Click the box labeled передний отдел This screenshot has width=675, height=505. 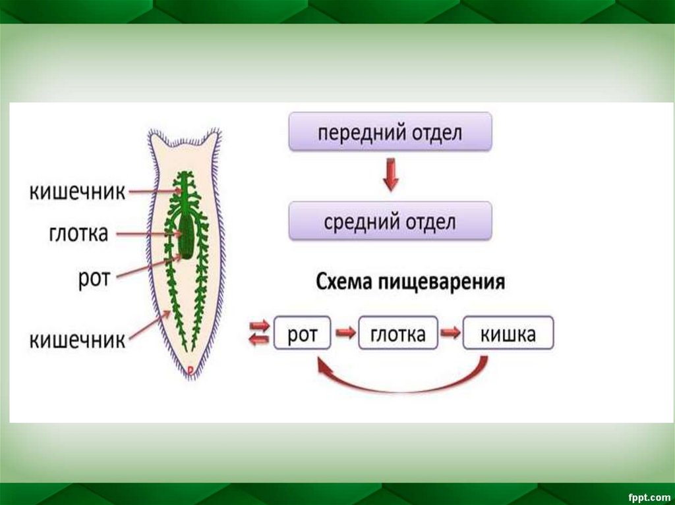(x=390, y=132)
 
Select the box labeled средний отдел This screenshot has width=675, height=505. (x=390, y=221)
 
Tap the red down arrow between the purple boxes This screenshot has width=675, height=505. (x=390, y=175)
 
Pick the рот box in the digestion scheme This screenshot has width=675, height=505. (x=303, y=335)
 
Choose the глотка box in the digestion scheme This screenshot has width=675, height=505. (x=398, y=335)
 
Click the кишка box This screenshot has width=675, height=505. (x=508, y=335)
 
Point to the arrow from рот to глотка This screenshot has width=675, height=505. (x=345, y=334)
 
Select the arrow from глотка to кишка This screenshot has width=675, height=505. (x=451, y=334)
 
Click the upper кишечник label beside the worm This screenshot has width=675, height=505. (x=77, y=192)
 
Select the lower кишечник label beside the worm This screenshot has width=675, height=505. (x=77, y=340)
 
